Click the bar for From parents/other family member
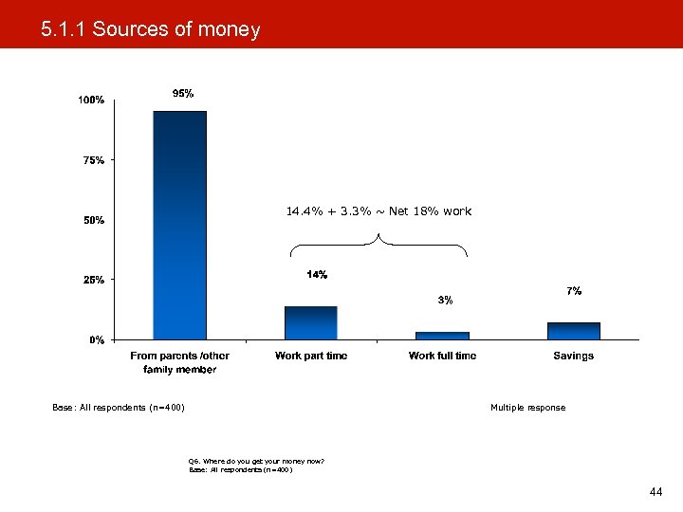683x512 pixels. click(x=179, y=225)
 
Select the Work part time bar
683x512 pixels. click(x=310, y=322)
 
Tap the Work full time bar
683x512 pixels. click(x=442, y=335)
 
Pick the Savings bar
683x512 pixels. click(x=573, y=330)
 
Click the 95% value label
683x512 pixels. click(x=182, y=93)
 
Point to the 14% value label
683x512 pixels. click(x=317, y=275)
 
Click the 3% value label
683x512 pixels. click(x=445, y=300)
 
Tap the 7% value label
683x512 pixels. click(x=574, y=290)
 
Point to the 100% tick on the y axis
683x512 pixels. click(x=91, y=101)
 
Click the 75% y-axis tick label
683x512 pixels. click(x=93, y=160)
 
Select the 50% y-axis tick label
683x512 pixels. click(x=93, y=220)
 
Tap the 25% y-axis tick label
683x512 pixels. click(x=93, y=280)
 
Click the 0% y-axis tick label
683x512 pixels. click(x=96, y=339)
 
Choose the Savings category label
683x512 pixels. click(x=573, y=356)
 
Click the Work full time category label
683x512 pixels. click(x=442, y=356)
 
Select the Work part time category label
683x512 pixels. click(x=311, y=356)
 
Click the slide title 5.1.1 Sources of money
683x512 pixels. click(x=150, y=29)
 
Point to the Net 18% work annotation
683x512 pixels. click(x=378, y=210)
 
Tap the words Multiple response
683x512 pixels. click(x=527, y=408)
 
